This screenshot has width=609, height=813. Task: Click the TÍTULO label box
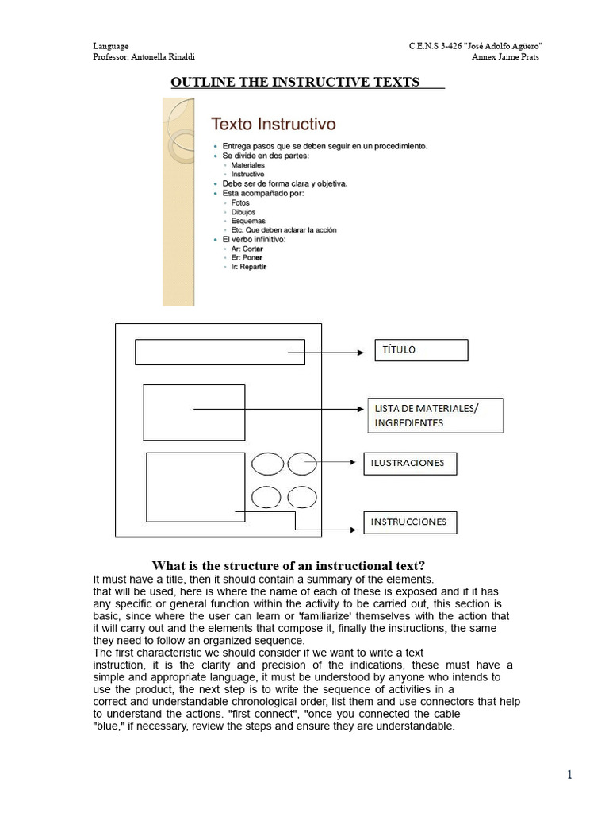coord(421,350)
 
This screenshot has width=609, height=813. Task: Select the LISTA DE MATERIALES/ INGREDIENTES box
coord(435,415)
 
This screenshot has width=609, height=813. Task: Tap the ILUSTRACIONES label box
coord(410,463)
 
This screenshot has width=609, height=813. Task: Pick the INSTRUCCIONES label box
coord(410,522)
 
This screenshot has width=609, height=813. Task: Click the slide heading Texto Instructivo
coord(273,124)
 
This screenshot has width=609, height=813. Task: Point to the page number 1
coord(569,776)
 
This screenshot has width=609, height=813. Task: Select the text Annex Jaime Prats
coord(505,57)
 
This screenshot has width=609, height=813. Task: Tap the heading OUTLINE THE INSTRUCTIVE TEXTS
coord(295,82)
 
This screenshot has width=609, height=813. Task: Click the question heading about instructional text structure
coord(289,565)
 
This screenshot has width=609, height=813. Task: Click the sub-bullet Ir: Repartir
coord(248,268)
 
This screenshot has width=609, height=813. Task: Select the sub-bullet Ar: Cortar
coord(247,249)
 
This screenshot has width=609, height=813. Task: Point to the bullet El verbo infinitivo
coord(254,239)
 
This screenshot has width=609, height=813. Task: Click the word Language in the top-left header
coord(110,47)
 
